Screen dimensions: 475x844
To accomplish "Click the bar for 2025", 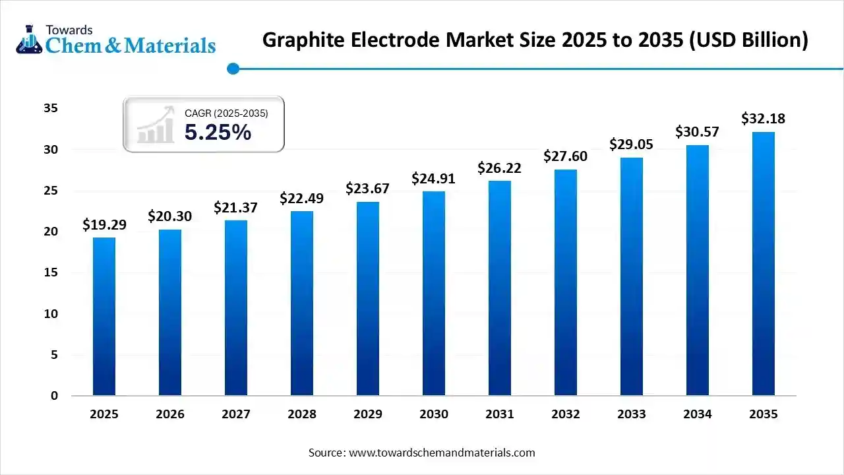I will [x=104, y=317].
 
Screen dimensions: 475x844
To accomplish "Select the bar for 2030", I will [x=434, y=294].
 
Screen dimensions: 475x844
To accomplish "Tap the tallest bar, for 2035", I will [x=764, y=264].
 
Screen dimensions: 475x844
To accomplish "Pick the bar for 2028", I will [x=302, y=303].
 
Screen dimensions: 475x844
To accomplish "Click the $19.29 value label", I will [x=104, y=225].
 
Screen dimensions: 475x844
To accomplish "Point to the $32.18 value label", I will [x=764, y=119].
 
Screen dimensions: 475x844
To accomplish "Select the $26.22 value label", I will [x=500, y=168].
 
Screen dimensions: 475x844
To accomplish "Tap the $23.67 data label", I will [x=368, y=189].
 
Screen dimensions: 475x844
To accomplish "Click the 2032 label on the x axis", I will [x=566, y=414].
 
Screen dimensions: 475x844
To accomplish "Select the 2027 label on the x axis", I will [x=236, y=414].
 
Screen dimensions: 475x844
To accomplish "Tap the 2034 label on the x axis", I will [x=698, y=414].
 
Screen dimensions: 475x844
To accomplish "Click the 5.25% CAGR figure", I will [x=218, y=133].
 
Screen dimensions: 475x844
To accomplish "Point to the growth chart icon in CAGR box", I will [x=156, y=125].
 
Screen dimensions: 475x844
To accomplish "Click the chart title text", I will [x=535, y=40].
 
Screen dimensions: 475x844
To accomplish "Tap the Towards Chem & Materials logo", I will [x=116, y=40].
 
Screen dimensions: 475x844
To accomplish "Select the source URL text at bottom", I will [x=422, y=453].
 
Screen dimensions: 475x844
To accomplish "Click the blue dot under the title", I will [x=232, y=68].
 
